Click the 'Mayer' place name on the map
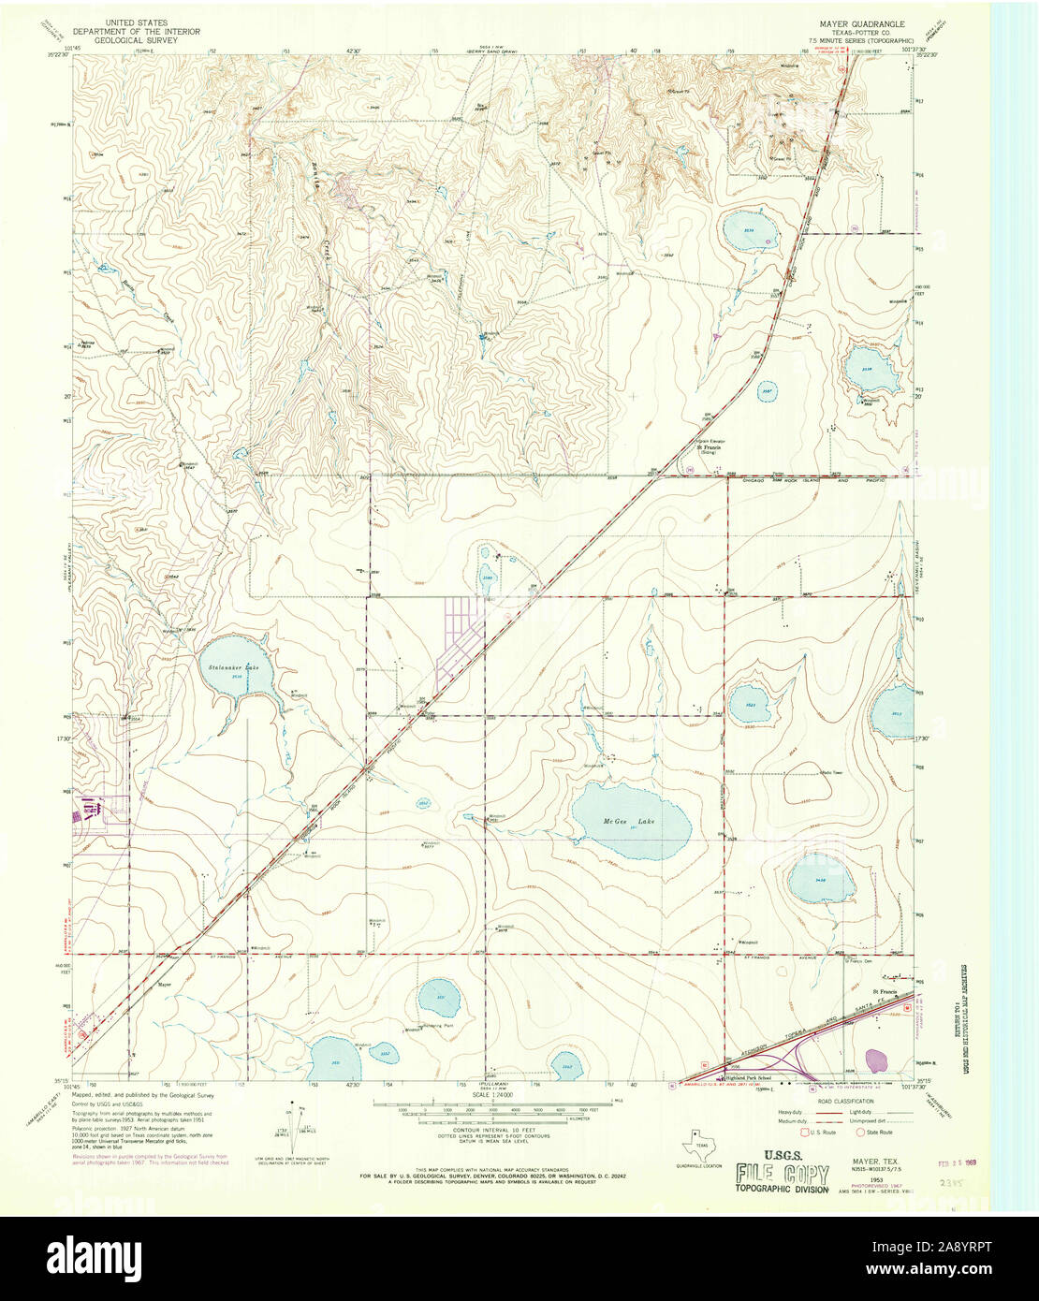point(165,985)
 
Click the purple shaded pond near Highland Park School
point(877,1060)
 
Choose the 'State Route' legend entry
point(878,1132)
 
